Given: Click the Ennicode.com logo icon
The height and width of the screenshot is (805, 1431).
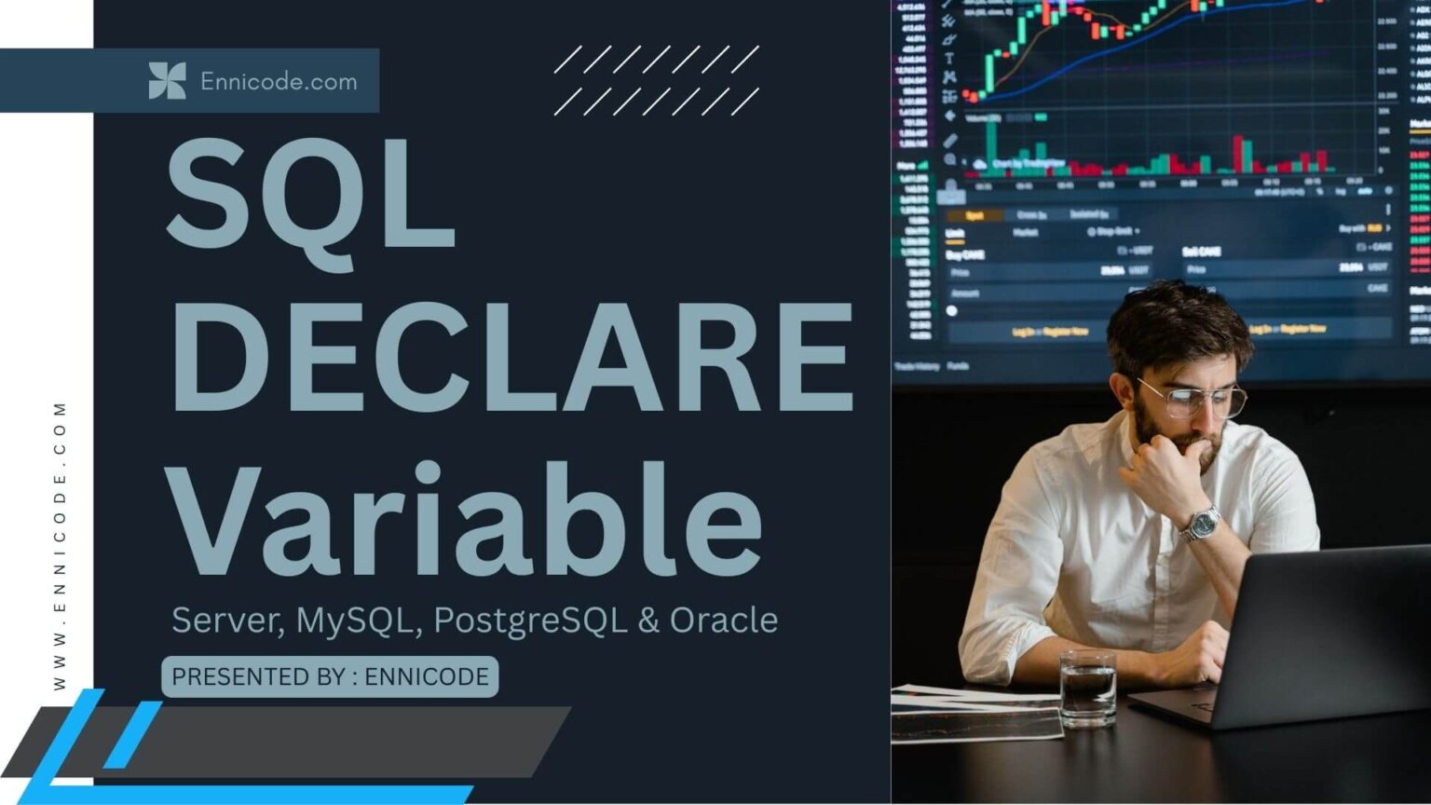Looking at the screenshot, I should click(167, 81).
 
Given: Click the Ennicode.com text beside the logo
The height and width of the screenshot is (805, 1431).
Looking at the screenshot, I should click(279, 82).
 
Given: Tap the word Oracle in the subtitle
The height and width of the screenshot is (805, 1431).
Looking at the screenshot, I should click(724, 621).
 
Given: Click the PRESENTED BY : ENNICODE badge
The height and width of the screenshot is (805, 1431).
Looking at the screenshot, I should click(330, 676).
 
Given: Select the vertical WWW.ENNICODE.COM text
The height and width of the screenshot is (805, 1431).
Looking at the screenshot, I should click(61, 546).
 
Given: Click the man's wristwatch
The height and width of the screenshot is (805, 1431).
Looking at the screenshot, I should click(1201, 524).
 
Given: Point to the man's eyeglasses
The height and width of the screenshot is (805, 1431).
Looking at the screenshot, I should click(1192, 399).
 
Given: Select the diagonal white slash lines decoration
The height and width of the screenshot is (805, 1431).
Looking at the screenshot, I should click(656, 81).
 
